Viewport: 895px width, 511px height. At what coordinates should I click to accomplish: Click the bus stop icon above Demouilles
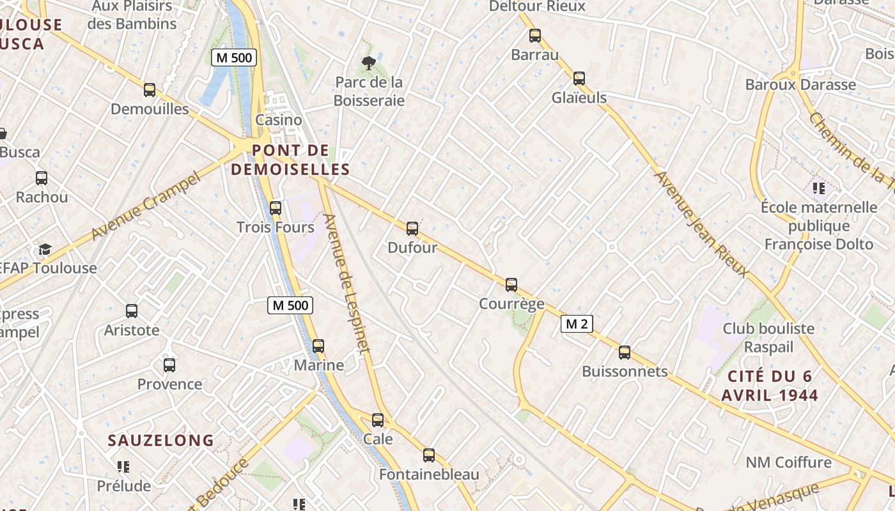(x=150, y=90)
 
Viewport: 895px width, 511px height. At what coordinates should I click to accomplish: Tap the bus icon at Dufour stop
(x=412, y=229)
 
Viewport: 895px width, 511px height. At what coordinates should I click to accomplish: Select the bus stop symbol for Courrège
(x=511, y=285)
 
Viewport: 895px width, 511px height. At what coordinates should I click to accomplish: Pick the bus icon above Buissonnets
(x=625, y=353)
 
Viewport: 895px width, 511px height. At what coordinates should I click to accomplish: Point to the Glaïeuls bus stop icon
(x=579, y=79)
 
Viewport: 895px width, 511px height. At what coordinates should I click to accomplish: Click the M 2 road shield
(x=577, y=324)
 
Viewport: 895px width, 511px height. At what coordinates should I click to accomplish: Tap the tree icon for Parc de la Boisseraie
(x=368, y=63)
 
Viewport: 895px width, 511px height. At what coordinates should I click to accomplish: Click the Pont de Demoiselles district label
(x=290, y=160)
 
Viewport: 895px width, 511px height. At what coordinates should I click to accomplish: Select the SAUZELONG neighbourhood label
(x=161, y=440)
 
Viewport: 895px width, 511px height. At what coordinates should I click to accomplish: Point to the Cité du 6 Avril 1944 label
(x=770, y=386)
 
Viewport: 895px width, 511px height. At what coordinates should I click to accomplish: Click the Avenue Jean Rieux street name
(x=701, y=224)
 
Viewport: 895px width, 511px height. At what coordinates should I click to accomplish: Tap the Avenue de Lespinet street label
(x=346, y=282)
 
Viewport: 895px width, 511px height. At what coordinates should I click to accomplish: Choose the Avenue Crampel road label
(x=146, y=206)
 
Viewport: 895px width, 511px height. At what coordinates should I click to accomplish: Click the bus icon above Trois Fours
(x=276, y=208)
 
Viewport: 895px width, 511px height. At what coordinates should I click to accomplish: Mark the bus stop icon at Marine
(x=318, y=346)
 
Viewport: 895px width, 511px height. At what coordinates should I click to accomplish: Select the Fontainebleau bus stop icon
(x=429, y=455)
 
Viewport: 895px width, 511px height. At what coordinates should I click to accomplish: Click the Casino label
(x=279, y=119)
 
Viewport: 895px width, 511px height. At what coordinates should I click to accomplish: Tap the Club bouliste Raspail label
(x=768, y=338)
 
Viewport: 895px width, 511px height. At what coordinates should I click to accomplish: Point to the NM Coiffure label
(x=789, y=462)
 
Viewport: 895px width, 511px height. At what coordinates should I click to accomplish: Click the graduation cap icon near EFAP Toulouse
(x=45, y=249)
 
